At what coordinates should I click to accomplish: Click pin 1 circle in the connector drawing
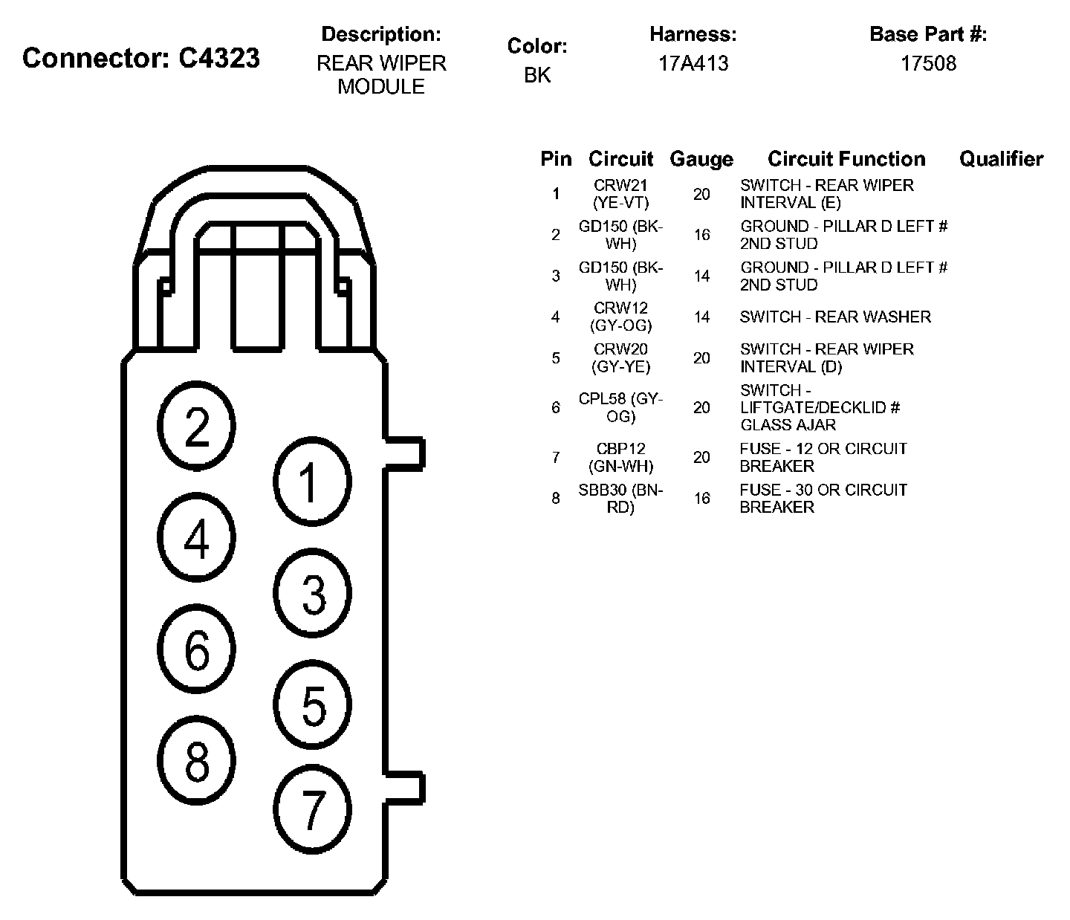click(312, 482)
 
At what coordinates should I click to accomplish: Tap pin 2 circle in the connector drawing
click(196, 426)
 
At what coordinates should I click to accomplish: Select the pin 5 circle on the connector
click(312, 704)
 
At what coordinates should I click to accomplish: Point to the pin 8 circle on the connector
click(196, 760)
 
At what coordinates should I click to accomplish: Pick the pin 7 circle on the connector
click(312, 809)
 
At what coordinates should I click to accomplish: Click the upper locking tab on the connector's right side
click(404, 454)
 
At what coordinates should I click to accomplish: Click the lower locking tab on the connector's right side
click(404, 788)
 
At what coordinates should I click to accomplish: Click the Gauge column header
click(701, 159)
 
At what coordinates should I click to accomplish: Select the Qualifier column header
click(1001, 159)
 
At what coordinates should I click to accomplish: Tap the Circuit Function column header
click(846, 159)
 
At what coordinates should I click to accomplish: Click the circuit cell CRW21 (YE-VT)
click(620, 194)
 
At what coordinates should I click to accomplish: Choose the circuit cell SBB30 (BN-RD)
click(620, 498)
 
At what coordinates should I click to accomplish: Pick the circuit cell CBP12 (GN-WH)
click(620, 457)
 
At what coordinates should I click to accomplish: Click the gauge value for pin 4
click(701, 317)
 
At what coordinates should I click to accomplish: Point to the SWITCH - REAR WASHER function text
click(835, 317)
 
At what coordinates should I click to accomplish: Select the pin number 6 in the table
click(556, 407)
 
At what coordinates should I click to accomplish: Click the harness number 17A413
click(693, 64)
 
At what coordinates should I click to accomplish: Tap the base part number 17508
click(928, 64)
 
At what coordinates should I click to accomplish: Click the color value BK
click(537, 76)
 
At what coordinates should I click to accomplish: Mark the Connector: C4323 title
click(140, 58)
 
